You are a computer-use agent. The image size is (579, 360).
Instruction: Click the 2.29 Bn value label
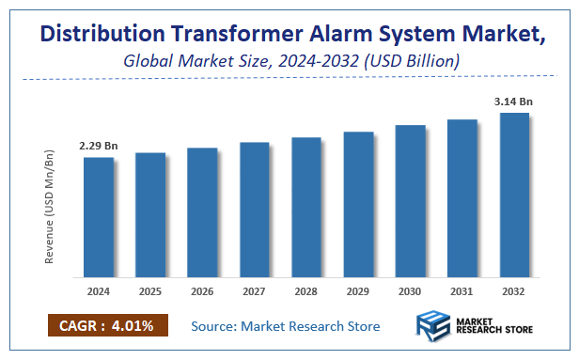click(x=98, y=147)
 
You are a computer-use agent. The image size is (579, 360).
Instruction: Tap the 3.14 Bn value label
click(x=514, y=102)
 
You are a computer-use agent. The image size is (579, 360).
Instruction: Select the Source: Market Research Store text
click(x=286, y=326)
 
